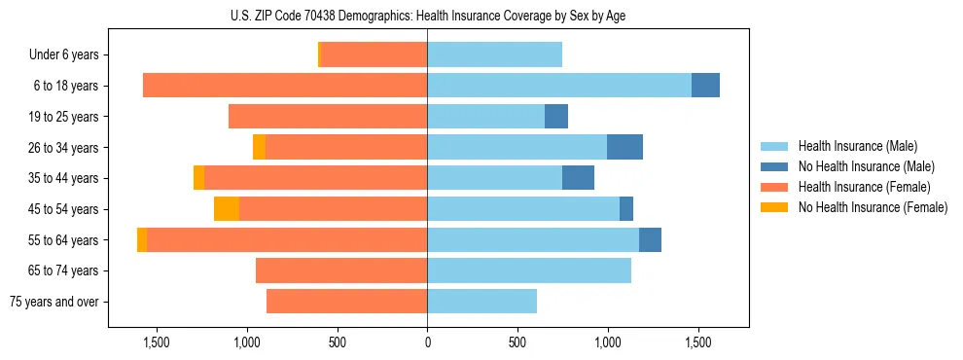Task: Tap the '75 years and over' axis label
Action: click(x=54, y=302)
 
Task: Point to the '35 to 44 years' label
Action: click(x=65, y=178)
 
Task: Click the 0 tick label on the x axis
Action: click(x=427, y=342)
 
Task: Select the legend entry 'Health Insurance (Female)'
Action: click(x=864, y=187)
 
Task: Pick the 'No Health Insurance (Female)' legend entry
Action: click(x=873, y=207)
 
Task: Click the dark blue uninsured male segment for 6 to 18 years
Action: click(x=705, y=86)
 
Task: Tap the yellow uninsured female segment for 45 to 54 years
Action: click(x=227, y=209)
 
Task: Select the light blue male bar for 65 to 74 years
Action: click(x=529, y=270)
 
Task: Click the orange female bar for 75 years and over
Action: click(x=346, y=302)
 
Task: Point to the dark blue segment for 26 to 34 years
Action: click(x=624, y=147)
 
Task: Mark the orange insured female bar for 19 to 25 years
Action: click(x=328, y=117)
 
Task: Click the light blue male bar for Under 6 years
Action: click(x=494, y=55)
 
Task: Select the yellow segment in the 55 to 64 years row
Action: click(x=142, y=240)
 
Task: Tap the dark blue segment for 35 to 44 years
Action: click(x=578, y=178)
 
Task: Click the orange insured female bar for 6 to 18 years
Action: click(x=285, y=86)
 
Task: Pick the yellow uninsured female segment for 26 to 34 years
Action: click(x=259, y=147)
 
